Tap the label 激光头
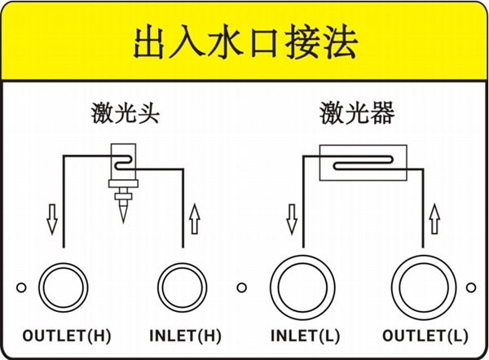(125, 113)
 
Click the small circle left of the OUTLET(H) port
(22, 288)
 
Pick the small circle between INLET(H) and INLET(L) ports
(241, 288)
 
